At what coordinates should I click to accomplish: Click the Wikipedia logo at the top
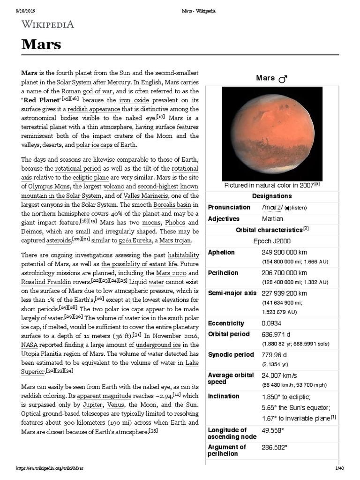(47, 24)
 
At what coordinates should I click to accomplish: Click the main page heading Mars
(41, 45)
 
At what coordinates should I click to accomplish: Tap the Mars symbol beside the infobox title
(283, 80)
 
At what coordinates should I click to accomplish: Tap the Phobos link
(187, 222)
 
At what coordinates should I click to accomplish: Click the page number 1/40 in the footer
(340, 468)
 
